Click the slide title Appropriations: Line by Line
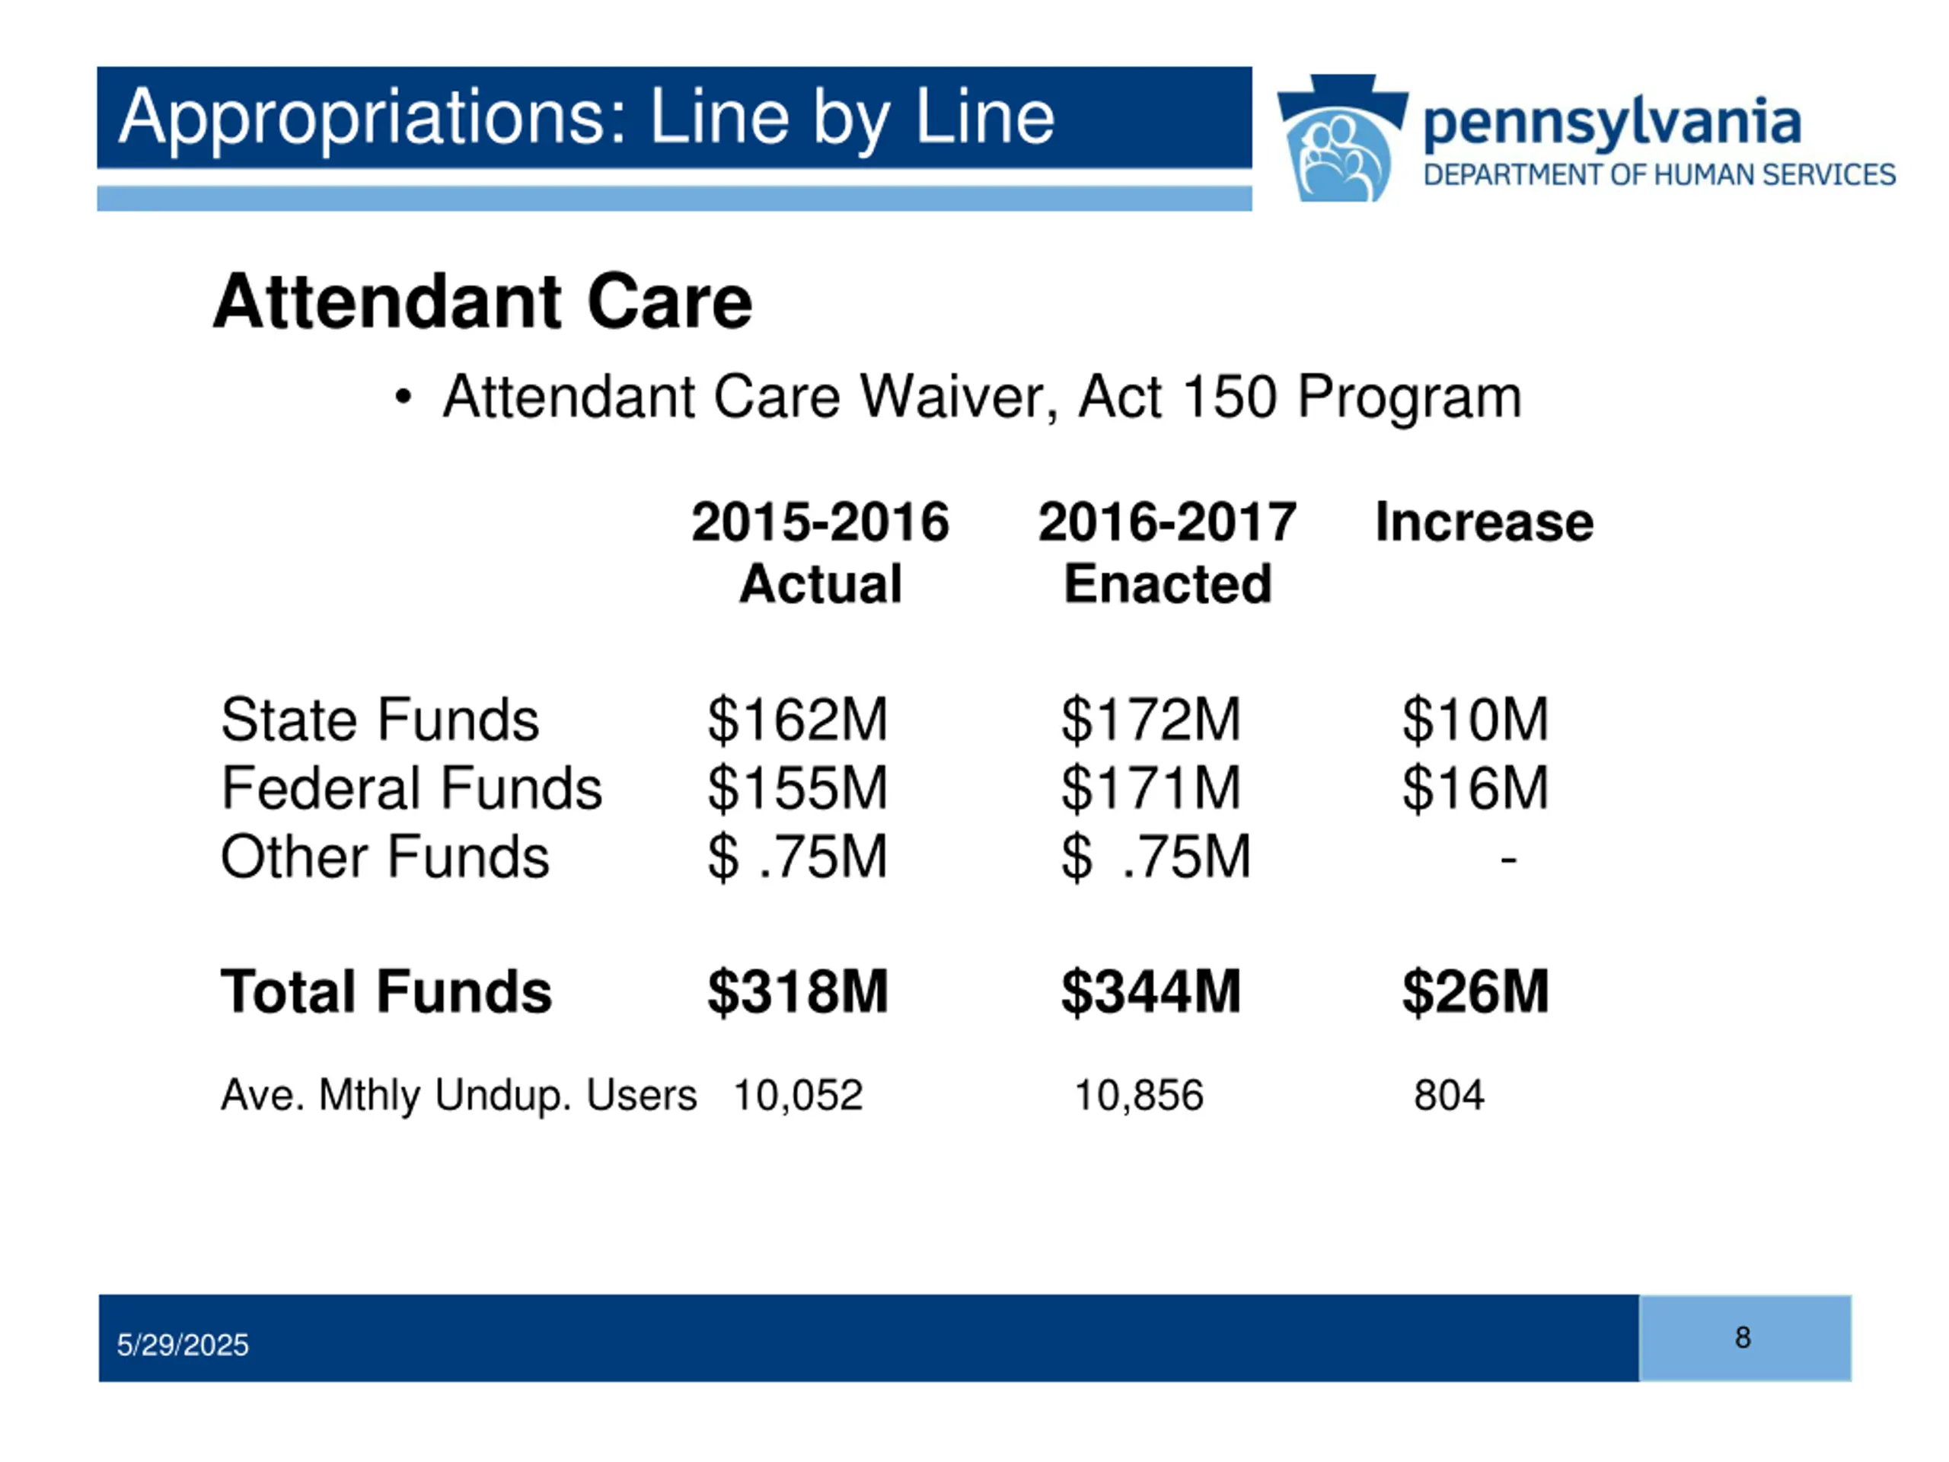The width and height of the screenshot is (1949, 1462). (586, 118)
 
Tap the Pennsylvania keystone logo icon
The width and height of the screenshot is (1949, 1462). (1341, 139)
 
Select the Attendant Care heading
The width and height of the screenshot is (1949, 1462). (482, 302)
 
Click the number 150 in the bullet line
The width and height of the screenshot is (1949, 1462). (1229, 397)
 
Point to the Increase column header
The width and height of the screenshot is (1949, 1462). (1484, 522)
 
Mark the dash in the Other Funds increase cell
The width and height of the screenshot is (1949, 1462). (1507, 857)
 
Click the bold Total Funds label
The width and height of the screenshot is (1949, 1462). (386, 991)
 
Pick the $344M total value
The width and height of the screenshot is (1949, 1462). (1150, 991)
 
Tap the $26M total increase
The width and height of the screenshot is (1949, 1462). (1475, 991)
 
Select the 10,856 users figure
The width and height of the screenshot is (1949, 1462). (1138, 1096)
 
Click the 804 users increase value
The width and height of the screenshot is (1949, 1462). (1449, 1096)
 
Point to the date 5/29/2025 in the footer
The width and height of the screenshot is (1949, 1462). (183, 1345)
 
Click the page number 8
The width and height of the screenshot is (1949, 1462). (1743, 1338)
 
